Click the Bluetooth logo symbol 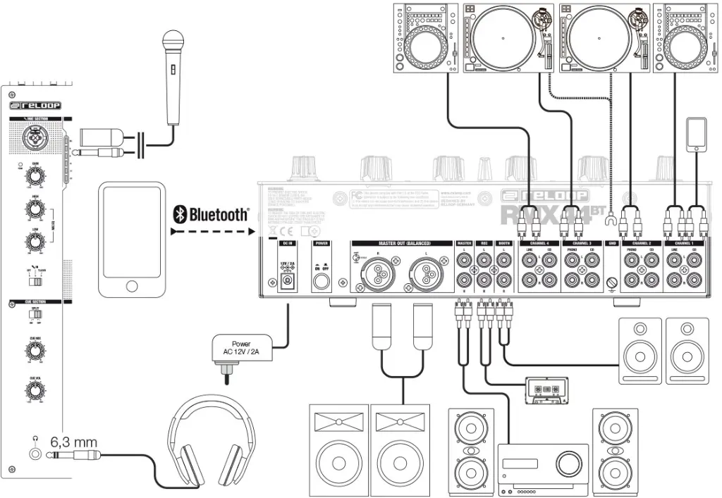point(180,214)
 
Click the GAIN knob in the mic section point(32,174)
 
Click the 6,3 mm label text point(73,442)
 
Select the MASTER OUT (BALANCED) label point(400,243)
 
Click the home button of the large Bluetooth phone point(132,286)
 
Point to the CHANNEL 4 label point(539,243)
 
